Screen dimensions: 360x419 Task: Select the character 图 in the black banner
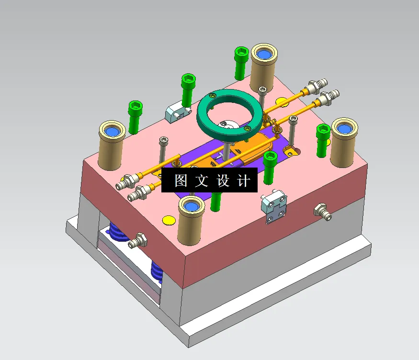[x=181, y=181]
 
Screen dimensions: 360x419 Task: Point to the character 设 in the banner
[x=224, y=181]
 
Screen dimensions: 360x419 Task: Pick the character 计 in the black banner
[x=244, y=181]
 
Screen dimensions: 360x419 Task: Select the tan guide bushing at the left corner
[x=112, y=146]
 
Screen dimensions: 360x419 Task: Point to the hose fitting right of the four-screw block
[x=323, y=212]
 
